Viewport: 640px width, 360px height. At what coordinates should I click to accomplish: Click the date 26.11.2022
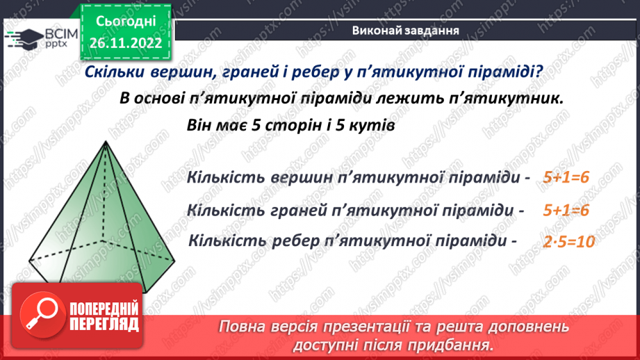click(126, 42)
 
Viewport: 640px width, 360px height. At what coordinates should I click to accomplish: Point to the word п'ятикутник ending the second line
click(499, 99)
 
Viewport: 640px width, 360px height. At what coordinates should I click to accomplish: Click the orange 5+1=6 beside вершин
click(567, 178)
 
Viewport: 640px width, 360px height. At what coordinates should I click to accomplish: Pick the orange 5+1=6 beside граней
click(567, 210)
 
